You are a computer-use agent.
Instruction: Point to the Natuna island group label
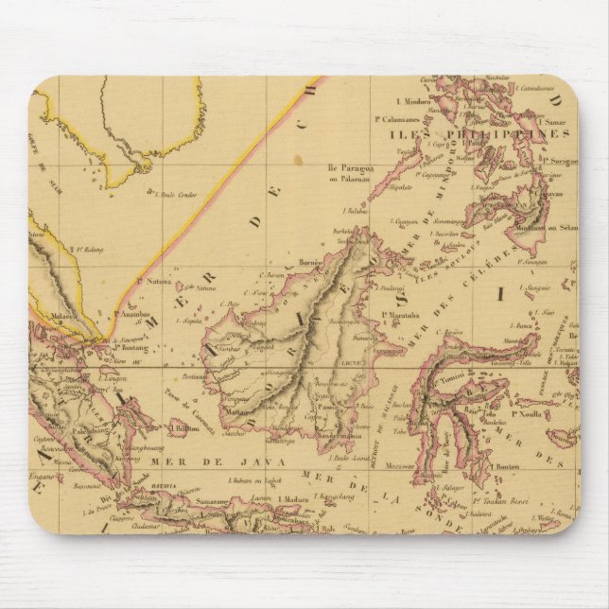pos(148,282)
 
